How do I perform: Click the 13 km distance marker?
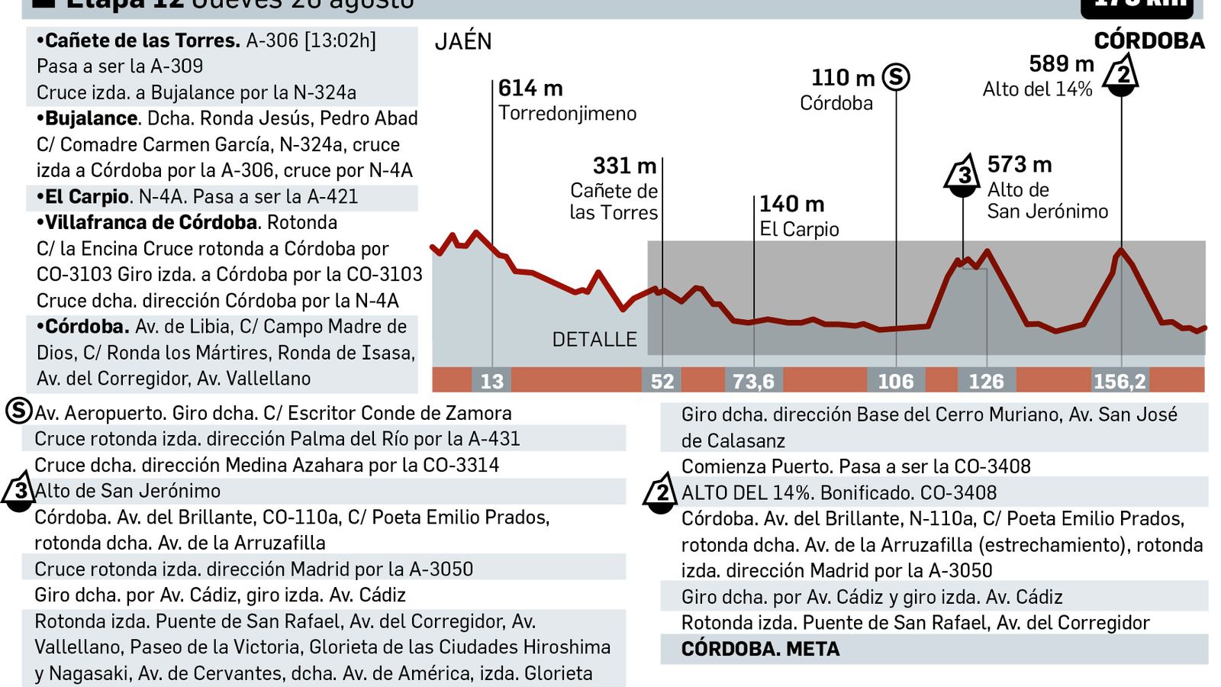point(491,381)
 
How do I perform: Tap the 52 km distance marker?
point(662,381)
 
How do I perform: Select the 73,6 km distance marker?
point(753,381)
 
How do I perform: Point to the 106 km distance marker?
point(895,381)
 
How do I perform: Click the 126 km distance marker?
point(986,381)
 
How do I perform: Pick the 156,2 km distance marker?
point(1120,381)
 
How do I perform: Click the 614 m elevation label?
point(530,89)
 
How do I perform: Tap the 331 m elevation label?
point(624,166)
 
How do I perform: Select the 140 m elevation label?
point(791,204)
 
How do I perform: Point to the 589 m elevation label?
point(1061,64)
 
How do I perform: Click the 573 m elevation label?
point(1019,164)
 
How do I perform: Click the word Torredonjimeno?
point(567,114)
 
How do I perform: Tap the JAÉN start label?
point(463,41)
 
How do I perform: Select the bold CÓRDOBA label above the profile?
point(1149,41)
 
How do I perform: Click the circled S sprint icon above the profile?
point(896,77)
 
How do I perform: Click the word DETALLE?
point(594,340)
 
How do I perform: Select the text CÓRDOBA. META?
point(760,649)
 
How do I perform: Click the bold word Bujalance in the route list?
point(91,118)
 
